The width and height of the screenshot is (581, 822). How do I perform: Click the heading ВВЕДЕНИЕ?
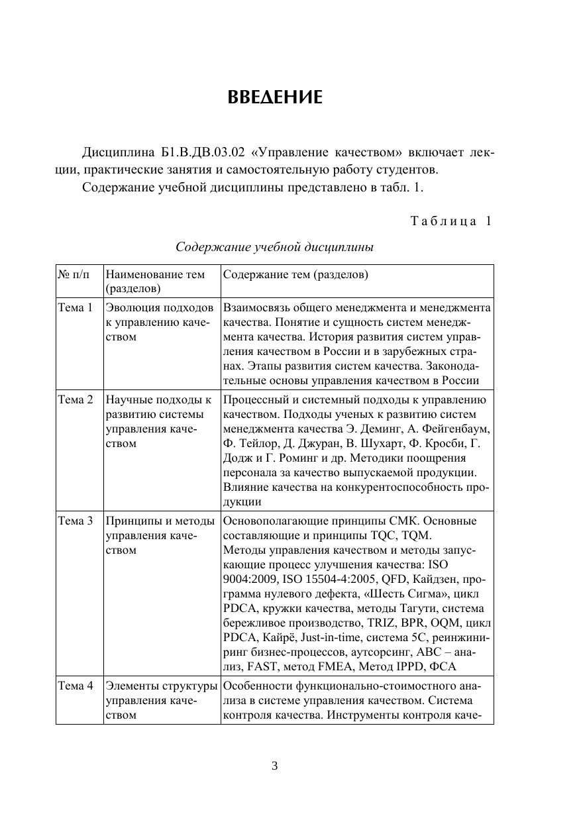pyautogui.click(x=275, y=98)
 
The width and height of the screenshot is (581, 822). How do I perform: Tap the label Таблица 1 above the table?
pyautogui.click(x=451, y=221)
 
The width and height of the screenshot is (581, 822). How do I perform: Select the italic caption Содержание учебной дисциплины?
pyautogui.click(x=274, y=248)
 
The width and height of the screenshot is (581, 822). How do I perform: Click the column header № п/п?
pyautogui.click(x=72, y=274)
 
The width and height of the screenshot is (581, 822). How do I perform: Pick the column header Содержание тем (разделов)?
pyautogui.click(x=295, y=274)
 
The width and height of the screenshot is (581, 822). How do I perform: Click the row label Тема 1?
pyautogui.click(x=76, y=308)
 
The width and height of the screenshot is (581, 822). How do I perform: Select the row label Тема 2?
pyautogui.click(x=76, y=400)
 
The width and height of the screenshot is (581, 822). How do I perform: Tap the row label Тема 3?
pyautogui.click(x=76, y=521)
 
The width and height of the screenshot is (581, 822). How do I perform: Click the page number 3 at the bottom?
pyautogui.click(x=275, y=766)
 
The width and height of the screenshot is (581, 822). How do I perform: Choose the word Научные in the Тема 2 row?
pyautogui.click(x=129, y=400)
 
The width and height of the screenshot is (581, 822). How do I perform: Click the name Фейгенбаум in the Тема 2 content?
pyautogui.click(x=457, y=429)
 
